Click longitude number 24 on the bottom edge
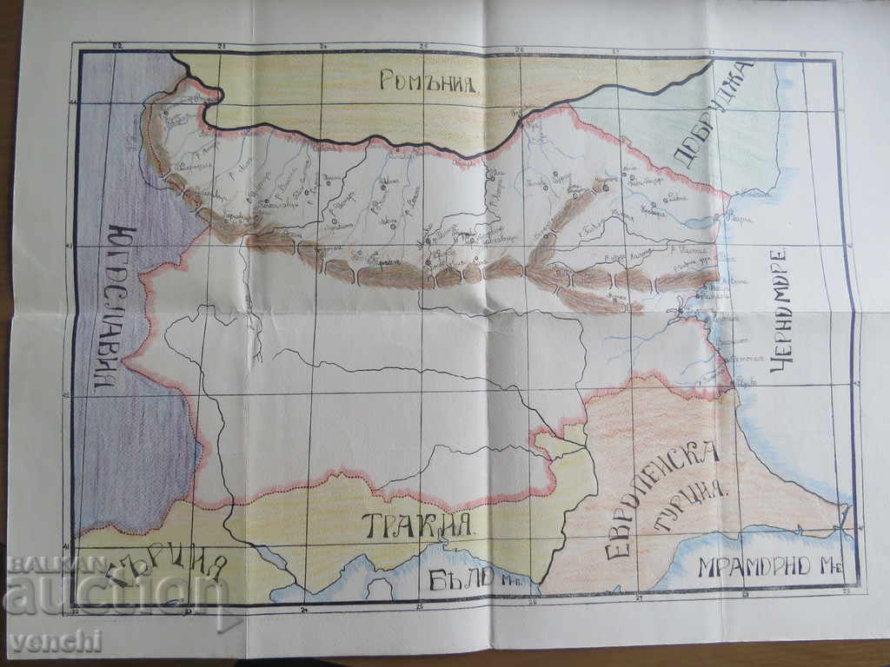(304, 611)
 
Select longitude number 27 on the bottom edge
(639, 598)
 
